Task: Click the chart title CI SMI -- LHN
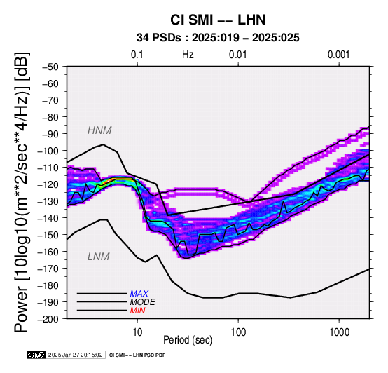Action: (218, 20)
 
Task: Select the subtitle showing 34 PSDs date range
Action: (218, 38)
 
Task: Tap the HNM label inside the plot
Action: (99, 130)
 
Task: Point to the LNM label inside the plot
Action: (99, 257)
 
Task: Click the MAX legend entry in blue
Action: (139, 294)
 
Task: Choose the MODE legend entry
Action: (143, 302)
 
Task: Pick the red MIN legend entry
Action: (137, 311)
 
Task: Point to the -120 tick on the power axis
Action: (48, 184)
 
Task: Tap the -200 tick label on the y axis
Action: (48, 319)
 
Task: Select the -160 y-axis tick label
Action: (48, 252)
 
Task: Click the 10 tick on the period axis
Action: (137, 332)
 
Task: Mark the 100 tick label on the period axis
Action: (238, 332)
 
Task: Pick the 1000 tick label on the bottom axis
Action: (339, 332)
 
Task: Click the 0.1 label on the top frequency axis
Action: (137, 55)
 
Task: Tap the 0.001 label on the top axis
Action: (339, 55)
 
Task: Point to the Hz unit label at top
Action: (188, 55)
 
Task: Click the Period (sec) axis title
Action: (188, 340)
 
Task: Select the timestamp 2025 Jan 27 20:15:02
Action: (75, 355)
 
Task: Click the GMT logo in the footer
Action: (36, 355)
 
